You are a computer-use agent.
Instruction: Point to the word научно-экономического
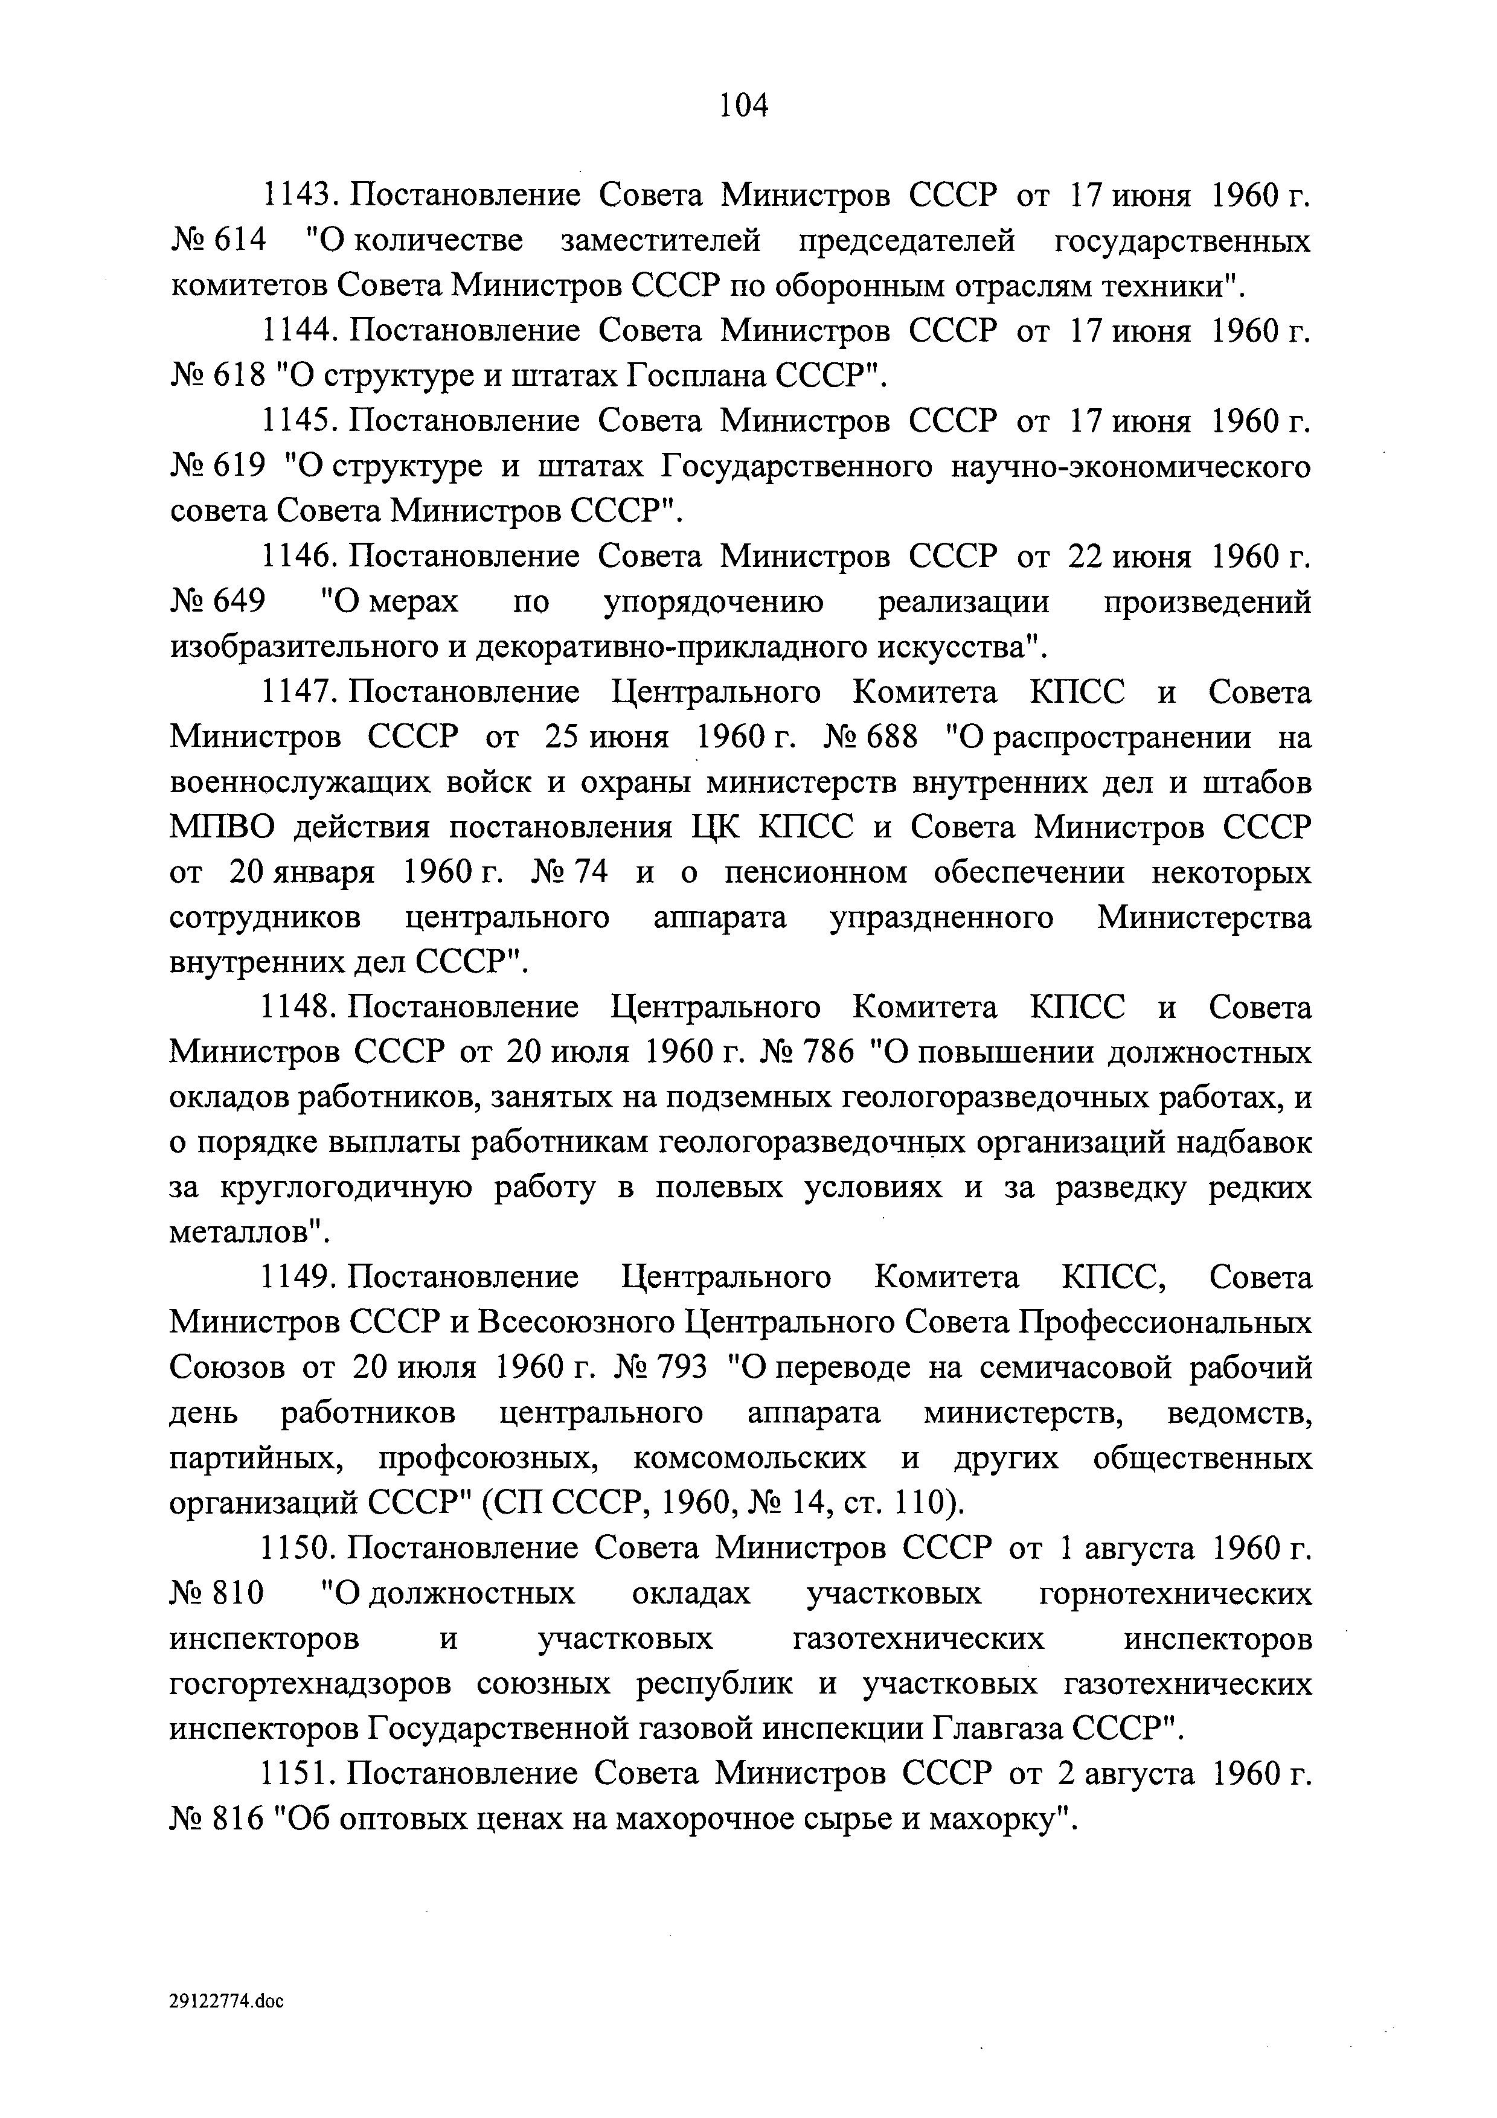click(1130, 467)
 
